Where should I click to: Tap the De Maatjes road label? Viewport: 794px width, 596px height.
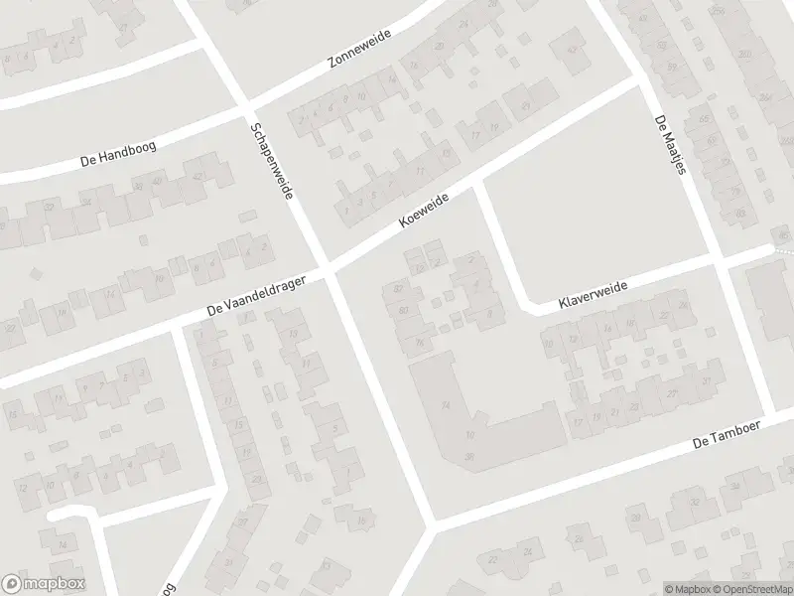670,145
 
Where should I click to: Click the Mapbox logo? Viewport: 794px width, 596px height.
44,584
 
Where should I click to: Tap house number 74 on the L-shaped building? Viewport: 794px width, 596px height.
446,404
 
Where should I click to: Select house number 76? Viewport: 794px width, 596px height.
421,344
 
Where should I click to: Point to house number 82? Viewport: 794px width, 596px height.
398,289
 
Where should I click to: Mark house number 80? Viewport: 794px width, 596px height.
403,311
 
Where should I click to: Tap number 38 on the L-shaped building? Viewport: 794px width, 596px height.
468,455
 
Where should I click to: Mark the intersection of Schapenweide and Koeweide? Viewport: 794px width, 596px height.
327,268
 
